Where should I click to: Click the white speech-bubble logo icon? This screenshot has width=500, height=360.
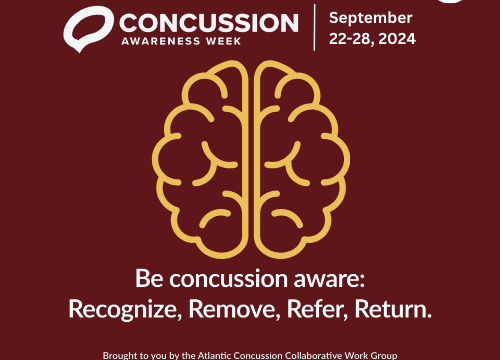click(88, 28)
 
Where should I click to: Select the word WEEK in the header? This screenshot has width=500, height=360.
click(231, 41)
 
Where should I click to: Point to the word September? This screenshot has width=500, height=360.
click(370, 18)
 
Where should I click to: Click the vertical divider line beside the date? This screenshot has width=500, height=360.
click(315, 28)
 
